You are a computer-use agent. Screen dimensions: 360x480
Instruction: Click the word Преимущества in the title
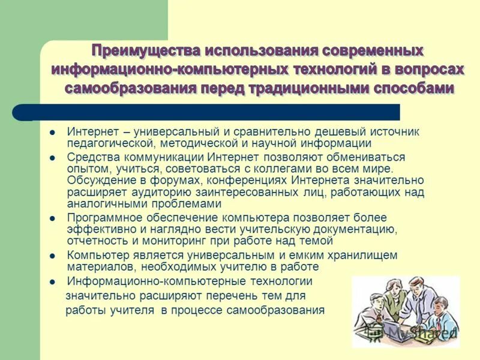tap(143, 49)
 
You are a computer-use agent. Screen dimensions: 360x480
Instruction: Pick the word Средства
tap(89, 157)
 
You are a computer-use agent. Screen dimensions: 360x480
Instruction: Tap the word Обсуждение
tap(97, 180)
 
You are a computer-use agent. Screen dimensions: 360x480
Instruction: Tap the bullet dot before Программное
tap(53, 218)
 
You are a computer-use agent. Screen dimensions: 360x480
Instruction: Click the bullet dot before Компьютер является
tap(53, 256)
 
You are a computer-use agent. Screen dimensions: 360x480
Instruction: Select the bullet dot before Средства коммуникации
tap(53, 158)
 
